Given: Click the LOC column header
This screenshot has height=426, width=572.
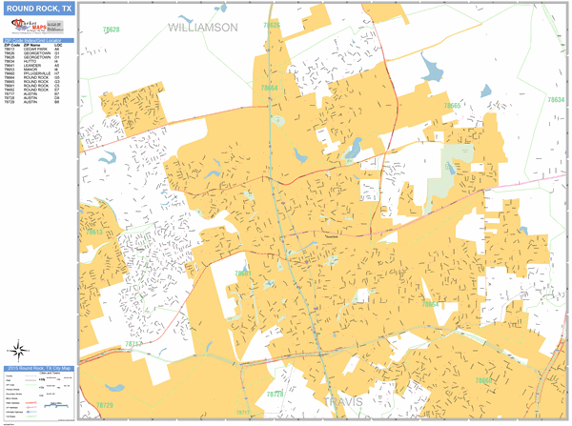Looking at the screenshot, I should pos(58,45).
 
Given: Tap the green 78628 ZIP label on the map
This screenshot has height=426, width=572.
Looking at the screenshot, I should pos(112,30).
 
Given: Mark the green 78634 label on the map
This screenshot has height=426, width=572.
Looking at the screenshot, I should pos(556,99).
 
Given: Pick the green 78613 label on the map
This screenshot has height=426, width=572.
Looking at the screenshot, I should pos(94,232).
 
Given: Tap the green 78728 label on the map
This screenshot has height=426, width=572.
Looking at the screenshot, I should pos(275,394).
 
